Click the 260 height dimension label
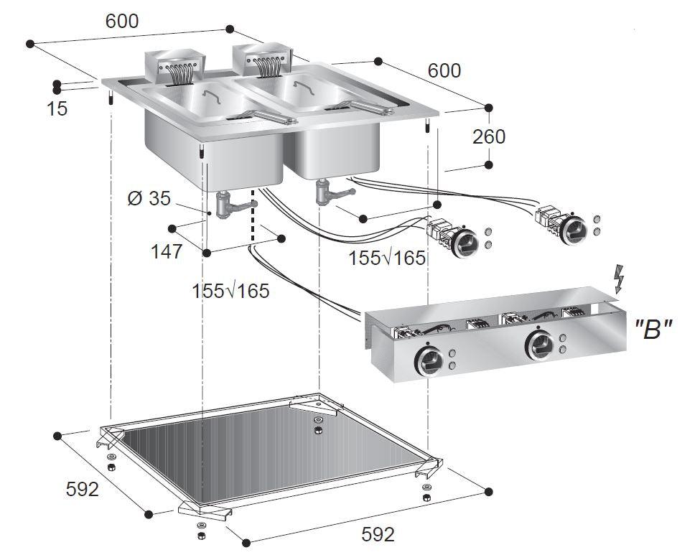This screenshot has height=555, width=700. point(489,136)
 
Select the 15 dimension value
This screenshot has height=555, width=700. point(57,109)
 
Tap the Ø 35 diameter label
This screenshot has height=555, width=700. point(149,197)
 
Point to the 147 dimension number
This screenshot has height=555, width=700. point(166,251)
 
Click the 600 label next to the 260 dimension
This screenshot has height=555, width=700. point(444,70)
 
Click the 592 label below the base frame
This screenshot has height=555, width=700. point(378,535)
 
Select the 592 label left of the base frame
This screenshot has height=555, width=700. point(81,489)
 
